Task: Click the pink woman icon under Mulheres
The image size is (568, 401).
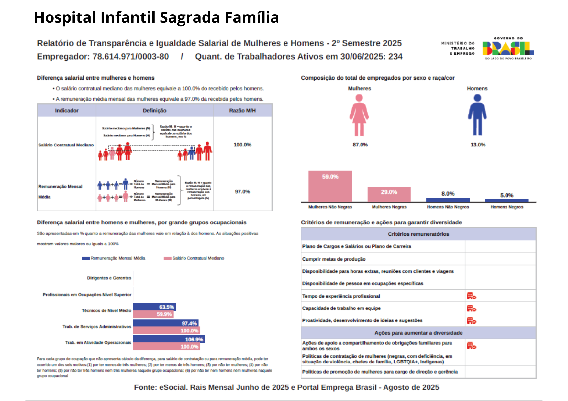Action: tap(359, 115)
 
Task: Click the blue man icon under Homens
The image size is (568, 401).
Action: tap(477, 115)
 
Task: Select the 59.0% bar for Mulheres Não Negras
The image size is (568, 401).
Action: tap(330, 186)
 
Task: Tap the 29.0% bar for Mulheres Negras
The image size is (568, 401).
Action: tap(389, 194)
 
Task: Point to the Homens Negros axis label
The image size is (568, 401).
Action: tap(507, 207)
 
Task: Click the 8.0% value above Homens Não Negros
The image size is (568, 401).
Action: tap(448, 194)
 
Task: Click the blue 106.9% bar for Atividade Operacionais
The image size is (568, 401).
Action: tap(168, 339)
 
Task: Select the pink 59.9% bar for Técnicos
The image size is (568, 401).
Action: tap(153, 314)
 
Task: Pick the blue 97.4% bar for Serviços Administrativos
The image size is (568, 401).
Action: tap(165, 323)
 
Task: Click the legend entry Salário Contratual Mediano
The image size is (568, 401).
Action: tap(198, 258)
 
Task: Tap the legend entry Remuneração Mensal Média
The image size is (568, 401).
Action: tap(117, 258)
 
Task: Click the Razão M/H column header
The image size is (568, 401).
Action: tap(242, 111)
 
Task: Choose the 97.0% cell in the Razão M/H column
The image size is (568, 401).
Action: tap(242, 192)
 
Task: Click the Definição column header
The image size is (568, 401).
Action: tap(154, 111)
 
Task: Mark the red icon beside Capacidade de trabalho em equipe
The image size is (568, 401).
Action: tap(471, 309)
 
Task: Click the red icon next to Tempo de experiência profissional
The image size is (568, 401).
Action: tap(471, 296)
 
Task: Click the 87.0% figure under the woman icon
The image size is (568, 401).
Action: tap(360, 145)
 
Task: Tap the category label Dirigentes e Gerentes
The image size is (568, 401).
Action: tap(109, 278)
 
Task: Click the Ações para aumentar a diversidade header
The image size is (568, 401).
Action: tap(418, 333)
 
